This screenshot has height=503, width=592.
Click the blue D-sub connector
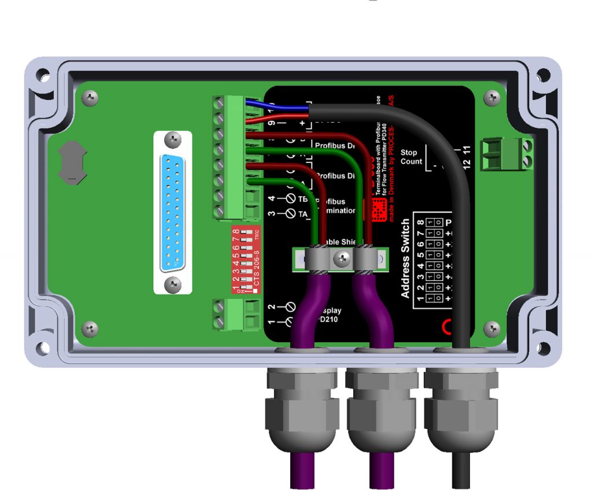[172, 212]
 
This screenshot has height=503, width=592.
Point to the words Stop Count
[412, 157]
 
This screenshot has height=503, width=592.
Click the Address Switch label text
[405, 258]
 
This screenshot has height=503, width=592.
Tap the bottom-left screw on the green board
[90, 330]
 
